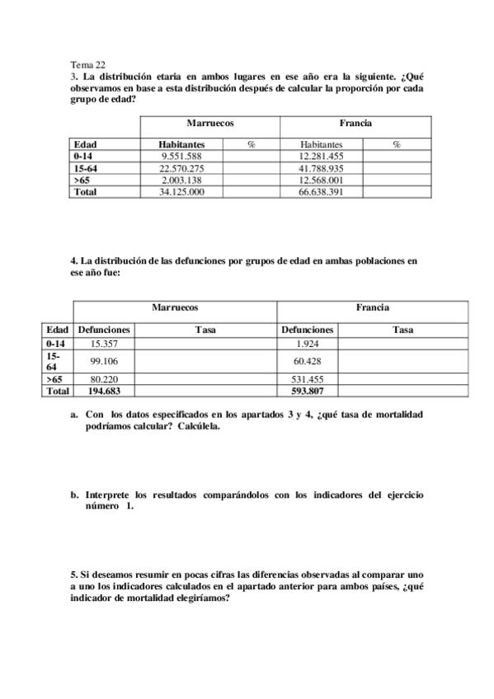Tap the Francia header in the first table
coord(355,123)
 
